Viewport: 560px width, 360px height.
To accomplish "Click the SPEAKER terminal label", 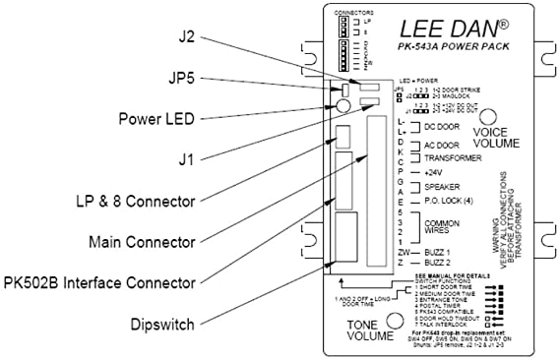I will coord(440,185).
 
